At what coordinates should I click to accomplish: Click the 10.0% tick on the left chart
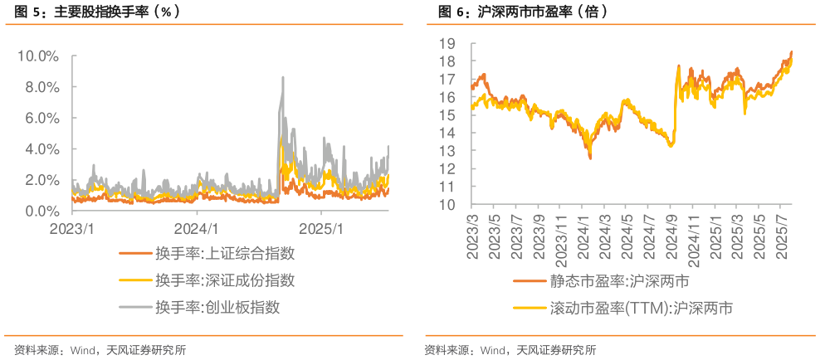(38, 56)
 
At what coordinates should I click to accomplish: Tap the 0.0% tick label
(41, 212)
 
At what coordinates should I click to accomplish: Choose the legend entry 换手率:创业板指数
(217, 307)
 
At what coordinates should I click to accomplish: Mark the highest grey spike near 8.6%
(283, 77)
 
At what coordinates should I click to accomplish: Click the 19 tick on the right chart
(448, 43)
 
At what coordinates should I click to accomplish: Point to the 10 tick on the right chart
(448, 204)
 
